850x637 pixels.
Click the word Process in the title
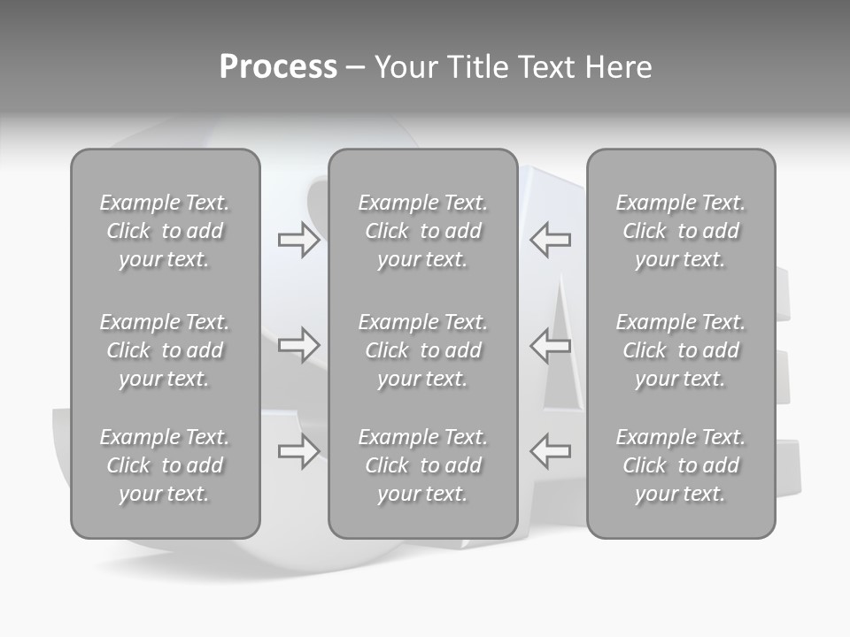(278, 67)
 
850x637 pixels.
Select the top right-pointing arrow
(298, 240)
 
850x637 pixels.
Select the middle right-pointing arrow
(298, 345)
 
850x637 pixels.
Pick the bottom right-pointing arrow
(298, 451)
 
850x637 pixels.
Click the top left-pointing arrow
(551, 240)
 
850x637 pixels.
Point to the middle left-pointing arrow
(551, 345)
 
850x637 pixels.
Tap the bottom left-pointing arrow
(551, 451)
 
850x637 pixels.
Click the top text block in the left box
(165, 231)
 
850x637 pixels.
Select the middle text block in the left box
(165, 350)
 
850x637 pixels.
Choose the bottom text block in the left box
(165, 465)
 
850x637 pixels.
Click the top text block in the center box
(422, 231)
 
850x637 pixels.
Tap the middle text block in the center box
(422, 350)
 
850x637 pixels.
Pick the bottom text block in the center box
(422, 465)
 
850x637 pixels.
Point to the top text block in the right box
(681, 231)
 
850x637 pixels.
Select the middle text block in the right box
(681, 350)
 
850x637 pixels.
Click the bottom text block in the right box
(681, 465)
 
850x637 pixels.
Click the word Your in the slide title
(404, 67)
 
